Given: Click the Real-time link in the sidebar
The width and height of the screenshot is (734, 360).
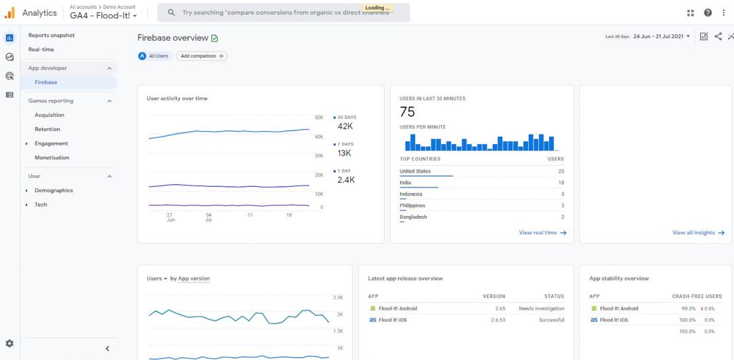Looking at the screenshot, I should [x=41, y=50].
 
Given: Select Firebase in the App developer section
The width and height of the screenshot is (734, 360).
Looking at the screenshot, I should [x=46, y=82].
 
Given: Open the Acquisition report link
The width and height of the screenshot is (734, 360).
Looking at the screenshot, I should [x=50, y=115].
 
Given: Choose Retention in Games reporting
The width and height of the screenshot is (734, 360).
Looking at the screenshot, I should [x=48, y=129].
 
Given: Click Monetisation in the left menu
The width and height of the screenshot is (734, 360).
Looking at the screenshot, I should [x=52, y=158].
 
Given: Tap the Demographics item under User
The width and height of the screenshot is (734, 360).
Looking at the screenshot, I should [x=54, y=190].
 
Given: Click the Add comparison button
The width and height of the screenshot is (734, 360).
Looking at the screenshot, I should [x=201, y=56].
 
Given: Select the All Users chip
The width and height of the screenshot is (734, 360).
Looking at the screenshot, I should [x=154, y=56].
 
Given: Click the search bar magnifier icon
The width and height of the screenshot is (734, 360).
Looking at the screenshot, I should [x=171, y=13].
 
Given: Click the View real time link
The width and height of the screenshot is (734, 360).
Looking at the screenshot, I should [x=542, y=233].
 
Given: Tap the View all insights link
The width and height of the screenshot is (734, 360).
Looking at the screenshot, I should [x=698, y=233].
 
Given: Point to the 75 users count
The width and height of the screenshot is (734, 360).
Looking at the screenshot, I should [x=407, y=112].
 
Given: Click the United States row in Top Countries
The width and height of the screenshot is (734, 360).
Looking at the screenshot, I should [x=415, y=171].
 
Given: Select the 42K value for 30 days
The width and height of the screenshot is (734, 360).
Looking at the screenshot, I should [x=345, y=126].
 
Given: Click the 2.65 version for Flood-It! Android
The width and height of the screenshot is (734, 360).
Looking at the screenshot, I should [x=500, y=308].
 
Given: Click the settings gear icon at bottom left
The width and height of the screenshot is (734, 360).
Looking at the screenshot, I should [x=10, y=344].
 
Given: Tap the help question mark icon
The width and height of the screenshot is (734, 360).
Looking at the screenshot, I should [x=707, y=13].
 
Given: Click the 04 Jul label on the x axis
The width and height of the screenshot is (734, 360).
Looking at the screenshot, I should [x=209, y=217].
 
